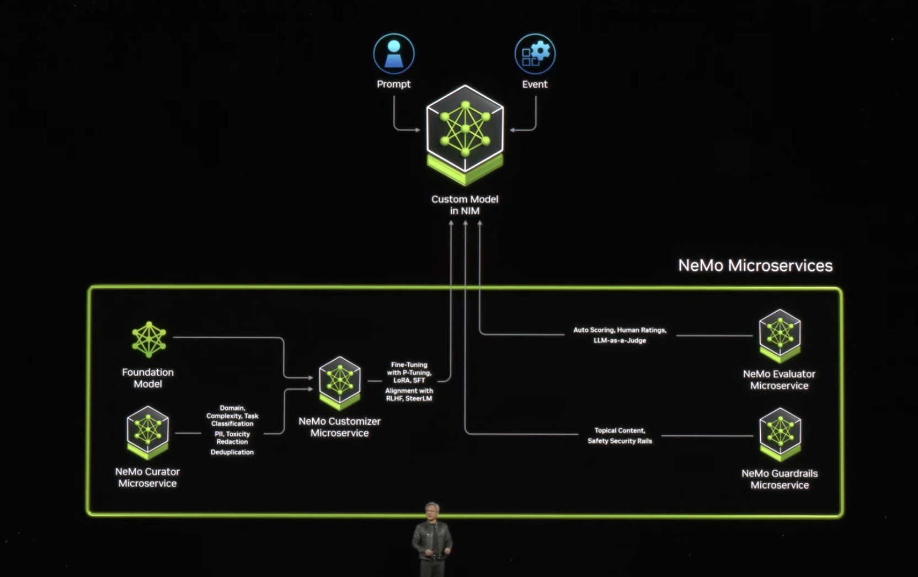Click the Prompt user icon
coord(393,54)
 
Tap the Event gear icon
coord(535,54)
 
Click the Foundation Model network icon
coord(148,339)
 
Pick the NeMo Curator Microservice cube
coord(147,432)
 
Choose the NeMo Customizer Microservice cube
coord(339,382)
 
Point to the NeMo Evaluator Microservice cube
coord(779,334)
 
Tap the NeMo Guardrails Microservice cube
coord(780,434)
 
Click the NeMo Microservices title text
coord(755,265)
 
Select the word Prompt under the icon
coord(393,84)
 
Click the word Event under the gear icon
coord(535,84)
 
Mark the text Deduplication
coord(232,452)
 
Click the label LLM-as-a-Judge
coord(620,340)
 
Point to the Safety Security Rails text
coord(620,441)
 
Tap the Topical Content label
coord(620,430)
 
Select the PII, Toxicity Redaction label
coord(232,438)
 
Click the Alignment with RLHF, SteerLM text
coord(409,394)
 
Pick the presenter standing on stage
coord(432,538)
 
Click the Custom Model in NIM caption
coord(465,205)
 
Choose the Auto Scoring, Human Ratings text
coord(620,330)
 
